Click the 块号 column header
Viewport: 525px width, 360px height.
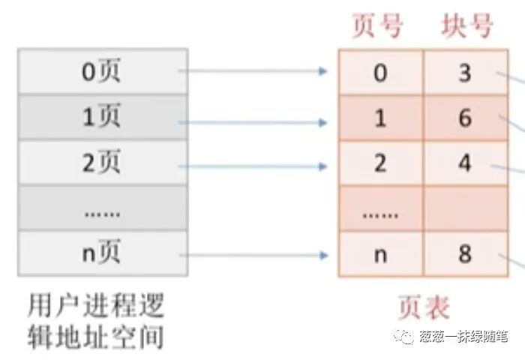tap(466, 26)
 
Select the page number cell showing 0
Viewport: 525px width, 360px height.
tap(381, 73)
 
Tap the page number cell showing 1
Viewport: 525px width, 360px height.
tap(381, 118)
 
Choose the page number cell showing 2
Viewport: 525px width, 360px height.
tap(381, 163)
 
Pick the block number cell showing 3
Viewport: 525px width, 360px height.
tap(466, 73)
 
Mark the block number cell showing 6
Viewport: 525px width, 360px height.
tap(466, 118)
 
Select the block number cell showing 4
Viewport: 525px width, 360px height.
tap(466, 163)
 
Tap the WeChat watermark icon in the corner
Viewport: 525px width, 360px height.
tap(406, 338)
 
